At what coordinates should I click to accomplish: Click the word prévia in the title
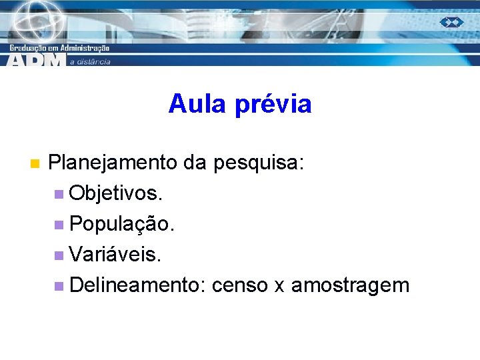pos(273,104)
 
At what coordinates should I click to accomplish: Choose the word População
pos(122,225)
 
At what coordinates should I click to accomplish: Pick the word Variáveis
pos(115,255)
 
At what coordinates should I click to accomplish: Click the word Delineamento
pos(137,285)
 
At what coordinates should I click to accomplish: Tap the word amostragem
pos(350,286)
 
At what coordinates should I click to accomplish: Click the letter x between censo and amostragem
pos(280,287)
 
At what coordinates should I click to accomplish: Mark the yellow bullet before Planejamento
pos(35,163)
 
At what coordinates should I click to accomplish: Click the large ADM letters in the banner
pos(37,59)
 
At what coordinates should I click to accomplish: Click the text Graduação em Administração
pos(59,48)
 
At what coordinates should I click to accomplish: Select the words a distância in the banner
pos(90,61)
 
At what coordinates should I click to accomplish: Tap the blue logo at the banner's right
pos(451,22)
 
